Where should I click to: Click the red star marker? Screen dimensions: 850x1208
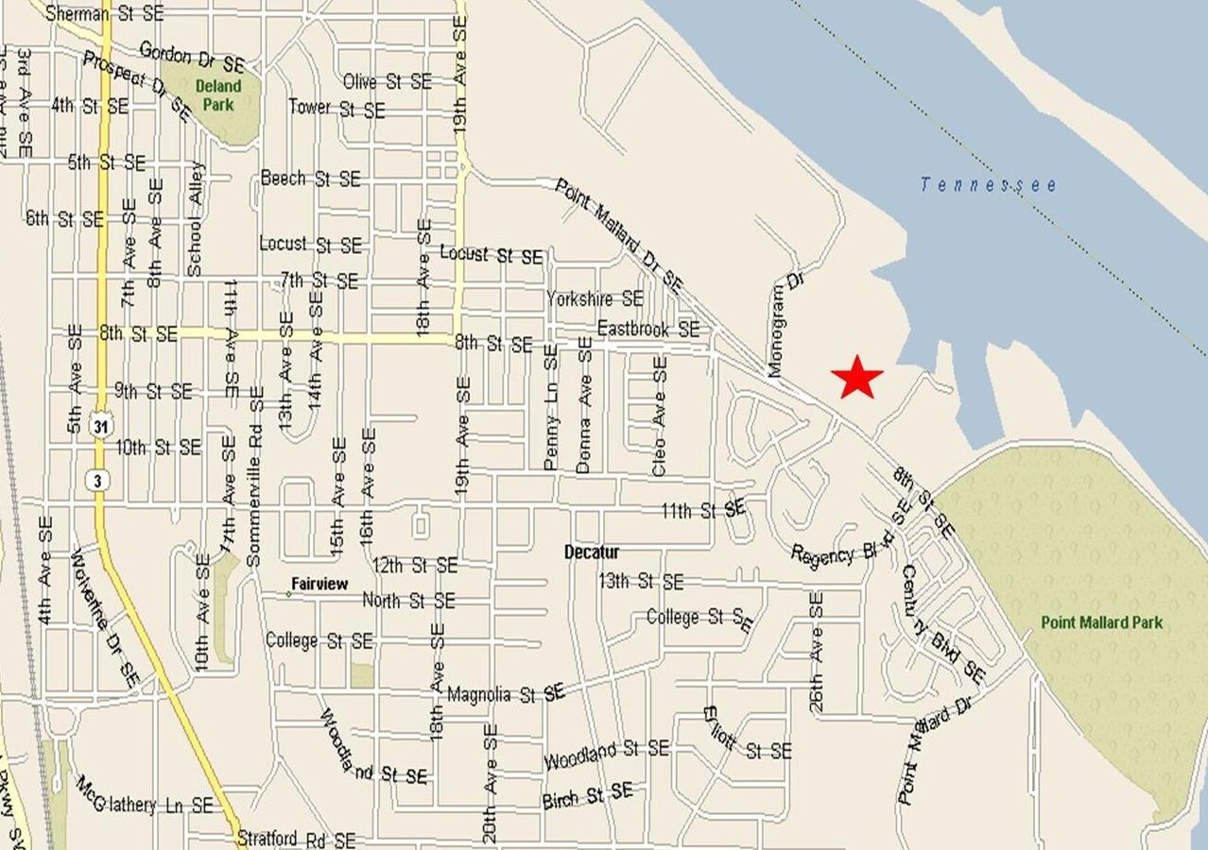click(857, 377)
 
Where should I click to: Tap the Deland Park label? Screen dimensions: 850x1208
click(218, 95)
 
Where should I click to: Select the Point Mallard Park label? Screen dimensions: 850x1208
click(1101, 622)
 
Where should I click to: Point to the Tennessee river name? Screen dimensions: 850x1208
click(989, 185)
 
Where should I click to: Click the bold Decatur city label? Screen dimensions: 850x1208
click(592, 552)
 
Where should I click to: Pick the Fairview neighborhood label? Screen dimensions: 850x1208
click(319, 585)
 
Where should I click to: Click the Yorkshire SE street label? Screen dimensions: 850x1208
click(595, 299)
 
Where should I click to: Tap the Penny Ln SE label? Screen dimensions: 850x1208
click(550, 407)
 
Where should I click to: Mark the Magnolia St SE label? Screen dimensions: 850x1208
click(506, 694)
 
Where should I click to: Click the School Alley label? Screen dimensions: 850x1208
click(195, 219)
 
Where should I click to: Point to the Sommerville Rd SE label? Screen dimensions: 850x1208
click(254, 476)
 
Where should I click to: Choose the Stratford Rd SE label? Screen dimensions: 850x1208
click(296, 839)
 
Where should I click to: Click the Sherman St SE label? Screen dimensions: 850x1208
click(104, 13)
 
